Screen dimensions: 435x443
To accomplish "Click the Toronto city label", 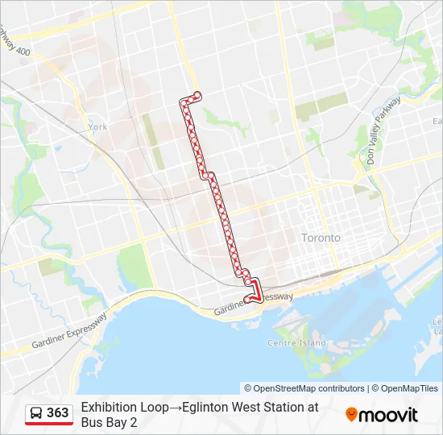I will click(321, 238).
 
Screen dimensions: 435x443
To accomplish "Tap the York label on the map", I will click(98, 127).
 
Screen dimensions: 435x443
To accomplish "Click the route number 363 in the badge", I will click(58, 413).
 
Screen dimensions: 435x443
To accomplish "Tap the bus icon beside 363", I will click(36, 413).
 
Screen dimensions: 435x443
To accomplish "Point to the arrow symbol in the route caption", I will click(175, 408).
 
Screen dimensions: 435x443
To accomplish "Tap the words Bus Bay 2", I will click(109, 422).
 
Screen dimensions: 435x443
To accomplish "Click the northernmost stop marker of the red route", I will click(197, 96).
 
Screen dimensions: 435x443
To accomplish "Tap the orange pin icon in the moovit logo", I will click(352, 415).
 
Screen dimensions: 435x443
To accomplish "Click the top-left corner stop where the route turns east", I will click(183, 101).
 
